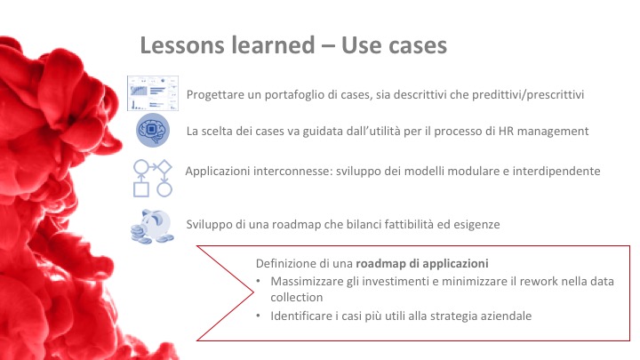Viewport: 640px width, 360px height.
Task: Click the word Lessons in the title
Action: (x=182, y=45)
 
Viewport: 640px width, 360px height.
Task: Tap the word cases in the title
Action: (x=417, y=45)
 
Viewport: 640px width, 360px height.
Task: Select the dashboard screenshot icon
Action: (x=153, y=93)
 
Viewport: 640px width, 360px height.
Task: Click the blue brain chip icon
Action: (x=153, y=130)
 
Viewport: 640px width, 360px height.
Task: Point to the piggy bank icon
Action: (x=153, y=227)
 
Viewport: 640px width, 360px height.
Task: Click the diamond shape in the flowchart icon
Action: (x=164, y=167)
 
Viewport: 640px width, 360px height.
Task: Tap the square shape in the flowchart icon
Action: (x=141, y=190)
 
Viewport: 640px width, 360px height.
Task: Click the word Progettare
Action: (x=211, y=95)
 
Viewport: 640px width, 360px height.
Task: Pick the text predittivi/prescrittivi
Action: (x=528, y=95)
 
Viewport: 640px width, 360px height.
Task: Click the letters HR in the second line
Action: (x=506, y=131)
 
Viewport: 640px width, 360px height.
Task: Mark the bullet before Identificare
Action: (x=258, y=316)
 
